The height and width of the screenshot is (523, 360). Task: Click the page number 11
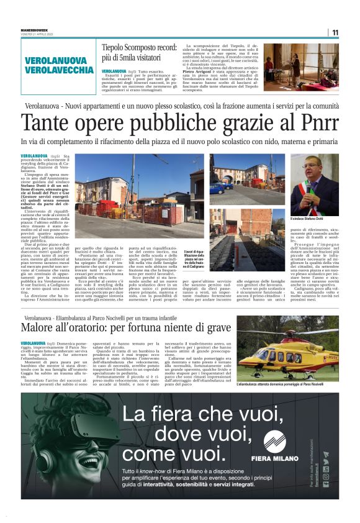point(335,32)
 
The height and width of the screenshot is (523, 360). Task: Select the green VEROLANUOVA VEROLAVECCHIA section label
point(60,65)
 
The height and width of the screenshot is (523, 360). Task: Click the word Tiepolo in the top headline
point(118,47)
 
